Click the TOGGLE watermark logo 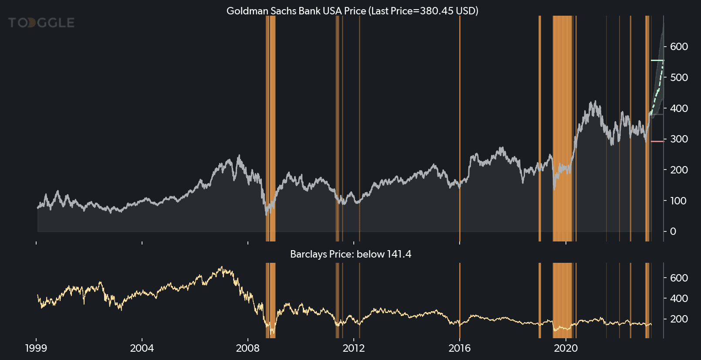[x=41, y=23]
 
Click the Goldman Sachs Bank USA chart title [x=352, y=11]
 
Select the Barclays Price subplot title [x=350, y=254]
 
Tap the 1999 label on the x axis [x=36, y=348]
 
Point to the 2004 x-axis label [x=142, y=348]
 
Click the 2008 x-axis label [x=248, y=348]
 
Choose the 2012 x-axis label [x=354, y=348]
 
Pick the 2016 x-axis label [x=460, y=348]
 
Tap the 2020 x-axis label [x=566, y=348]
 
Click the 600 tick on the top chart [x=679, y=47]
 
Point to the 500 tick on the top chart [x=679, y=78]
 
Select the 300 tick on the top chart [x=679, y=139]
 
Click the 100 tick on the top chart [x=679, y=201]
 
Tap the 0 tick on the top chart [x=673, y=231]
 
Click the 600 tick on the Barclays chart [x=679, y=278]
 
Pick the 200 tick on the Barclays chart [x=679, y=319]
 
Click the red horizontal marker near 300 [x=657, y=141]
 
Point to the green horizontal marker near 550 [x=657, y=60]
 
